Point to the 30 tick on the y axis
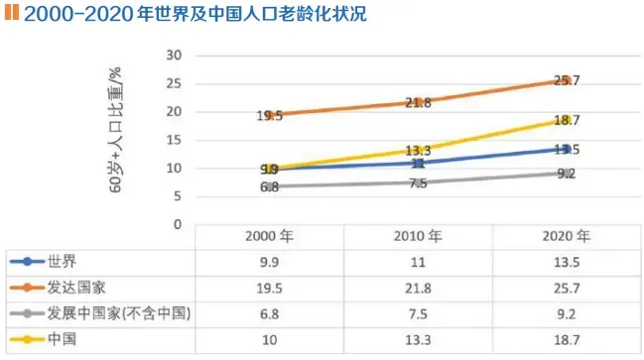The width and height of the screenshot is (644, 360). click(175, 55)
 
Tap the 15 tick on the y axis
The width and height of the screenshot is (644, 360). click(175, 140)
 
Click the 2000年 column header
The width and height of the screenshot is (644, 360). click(269, 238)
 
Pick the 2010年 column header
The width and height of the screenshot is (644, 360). click(418, 238)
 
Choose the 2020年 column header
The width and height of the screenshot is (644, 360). click(567, 238)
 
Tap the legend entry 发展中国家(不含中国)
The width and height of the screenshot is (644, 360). click(109, 314)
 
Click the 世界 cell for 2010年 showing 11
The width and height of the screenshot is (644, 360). click(418, 263)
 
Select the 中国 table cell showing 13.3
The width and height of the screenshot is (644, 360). click(418, 340)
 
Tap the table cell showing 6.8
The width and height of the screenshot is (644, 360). click(269, 314)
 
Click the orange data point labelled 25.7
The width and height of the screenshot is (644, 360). click(567, 79)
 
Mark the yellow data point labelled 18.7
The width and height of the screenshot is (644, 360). click(567, 119)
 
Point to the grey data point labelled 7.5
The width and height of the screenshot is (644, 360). click(418, 182)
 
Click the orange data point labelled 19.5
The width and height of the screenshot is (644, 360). click(269, 114)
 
